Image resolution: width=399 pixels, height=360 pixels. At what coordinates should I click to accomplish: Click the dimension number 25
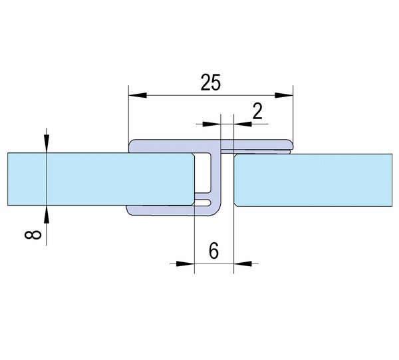click(x=210, y=83)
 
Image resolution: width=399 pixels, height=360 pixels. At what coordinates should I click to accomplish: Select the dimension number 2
click(x=257, y=112)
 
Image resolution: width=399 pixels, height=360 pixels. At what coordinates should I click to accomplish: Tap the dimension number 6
click(x=213, y=250)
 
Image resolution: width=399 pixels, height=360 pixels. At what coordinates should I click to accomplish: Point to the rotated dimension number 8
click(x=33, y=235)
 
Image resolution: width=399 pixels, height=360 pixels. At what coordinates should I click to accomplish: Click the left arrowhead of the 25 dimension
click(x=138, y=95)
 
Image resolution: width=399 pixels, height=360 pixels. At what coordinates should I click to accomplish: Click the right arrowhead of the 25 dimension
click(x=284, y=95)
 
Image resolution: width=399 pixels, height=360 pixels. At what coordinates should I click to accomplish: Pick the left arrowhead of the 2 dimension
click(x=211, y=124)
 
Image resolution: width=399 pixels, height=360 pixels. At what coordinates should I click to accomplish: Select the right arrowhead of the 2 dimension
click(x=243, y=124)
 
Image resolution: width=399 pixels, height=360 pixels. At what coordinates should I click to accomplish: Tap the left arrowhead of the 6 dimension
click(x=185, y=264)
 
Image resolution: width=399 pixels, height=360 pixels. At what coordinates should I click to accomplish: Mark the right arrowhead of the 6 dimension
click(x=243, y=264)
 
